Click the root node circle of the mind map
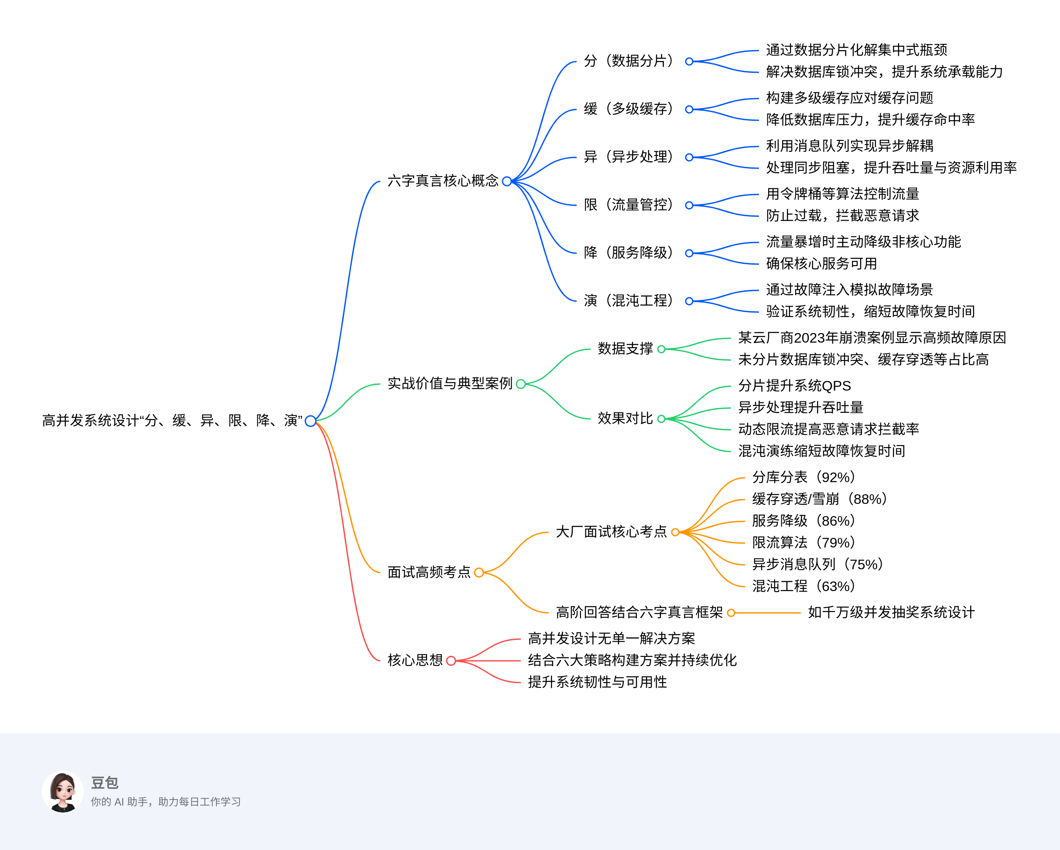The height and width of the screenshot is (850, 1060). (310, 421)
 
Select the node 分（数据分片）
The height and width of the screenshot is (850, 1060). (628, 61)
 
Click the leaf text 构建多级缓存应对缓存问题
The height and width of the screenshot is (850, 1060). (849, 98)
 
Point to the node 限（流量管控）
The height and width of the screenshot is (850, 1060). (628, 204)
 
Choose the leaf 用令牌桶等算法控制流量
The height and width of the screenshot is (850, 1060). (842, 194)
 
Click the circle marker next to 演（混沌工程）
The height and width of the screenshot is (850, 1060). (689, 301)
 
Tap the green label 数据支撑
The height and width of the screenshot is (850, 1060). (625, 348)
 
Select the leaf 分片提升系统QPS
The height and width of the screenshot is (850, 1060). (794, 386)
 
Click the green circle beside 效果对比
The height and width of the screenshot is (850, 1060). (661, 419)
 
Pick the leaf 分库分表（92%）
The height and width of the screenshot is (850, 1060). (804, 477)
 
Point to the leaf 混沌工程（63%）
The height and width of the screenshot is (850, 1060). (804, 586)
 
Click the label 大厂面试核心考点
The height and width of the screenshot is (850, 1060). (611, 532)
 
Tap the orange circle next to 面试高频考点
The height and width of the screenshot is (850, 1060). (479, 572)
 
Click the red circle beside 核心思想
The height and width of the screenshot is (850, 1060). (451, 661)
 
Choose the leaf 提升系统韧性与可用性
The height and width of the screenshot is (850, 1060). (597, 682)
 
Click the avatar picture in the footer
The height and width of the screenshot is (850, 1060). (62, 792)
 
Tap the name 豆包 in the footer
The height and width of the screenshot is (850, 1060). (105, 783)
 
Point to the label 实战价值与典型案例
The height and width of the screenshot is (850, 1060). (449, 383)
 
